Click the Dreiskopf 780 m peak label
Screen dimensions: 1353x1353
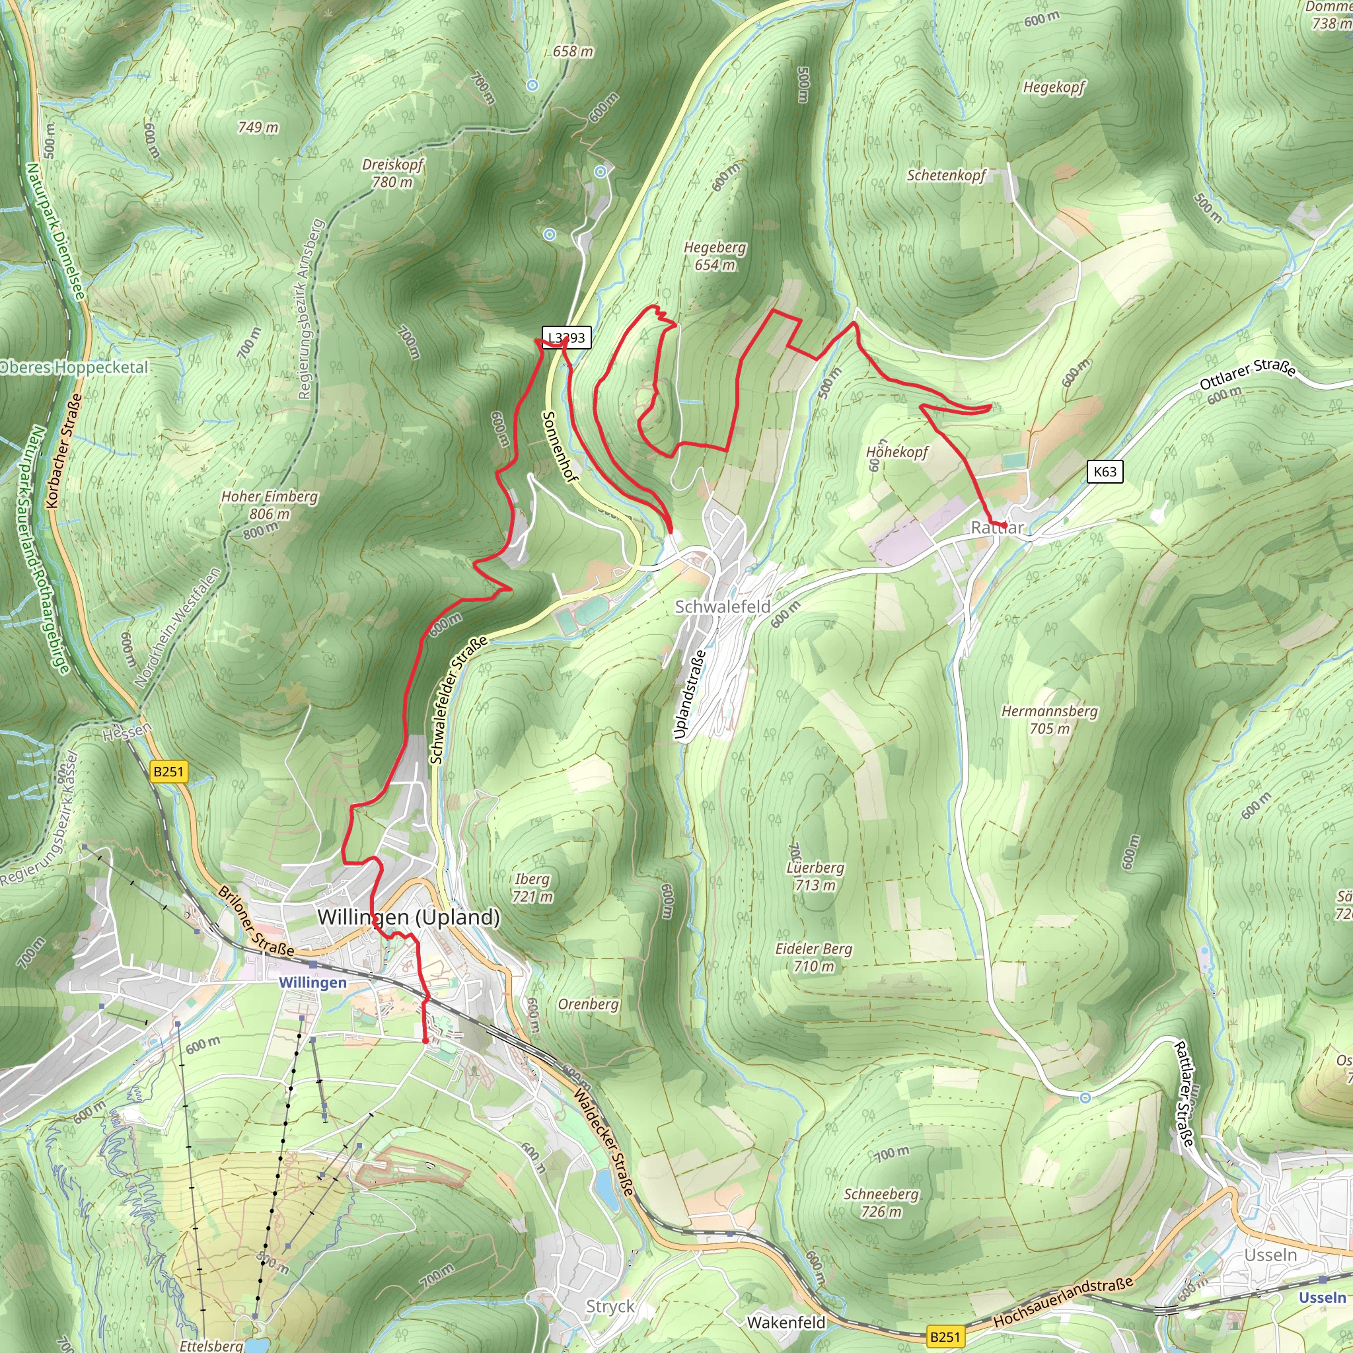click(x=393, y=173)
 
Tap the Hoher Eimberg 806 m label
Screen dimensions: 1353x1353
click(x=270, y=505)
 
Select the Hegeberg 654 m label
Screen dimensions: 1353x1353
click(x=715, y=256)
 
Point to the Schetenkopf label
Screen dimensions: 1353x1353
click(x=946, y=175)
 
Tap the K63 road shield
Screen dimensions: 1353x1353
click(x=1105, y=471)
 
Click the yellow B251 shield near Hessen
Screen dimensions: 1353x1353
click(x=168, y=772)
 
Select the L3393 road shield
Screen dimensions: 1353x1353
click(x=567, y=338)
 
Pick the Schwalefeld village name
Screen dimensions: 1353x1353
click(x=722, y=606)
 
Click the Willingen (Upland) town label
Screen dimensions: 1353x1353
click(x=408, y=917)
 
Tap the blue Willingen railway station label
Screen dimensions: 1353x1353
click(x=312, y=982)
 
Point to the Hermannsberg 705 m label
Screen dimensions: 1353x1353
click(x=1049, y=719)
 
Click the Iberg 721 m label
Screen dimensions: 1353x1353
click(x=532, y=887)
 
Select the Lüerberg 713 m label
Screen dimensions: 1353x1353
click(x=815, y=876)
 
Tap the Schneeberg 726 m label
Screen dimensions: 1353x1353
click(x=881, y=1202)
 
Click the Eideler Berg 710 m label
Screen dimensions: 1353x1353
click(x=814, y=957)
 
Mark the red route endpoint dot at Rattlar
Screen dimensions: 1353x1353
click(x=1004, y=525)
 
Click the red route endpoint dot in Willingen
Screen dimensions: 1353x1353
click(x=425, y=1041)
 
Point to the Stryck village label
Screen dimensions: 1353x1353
click(x=610, y=1306)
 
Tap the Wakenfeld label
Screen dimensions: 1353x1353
click(x=786, y=1322)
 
